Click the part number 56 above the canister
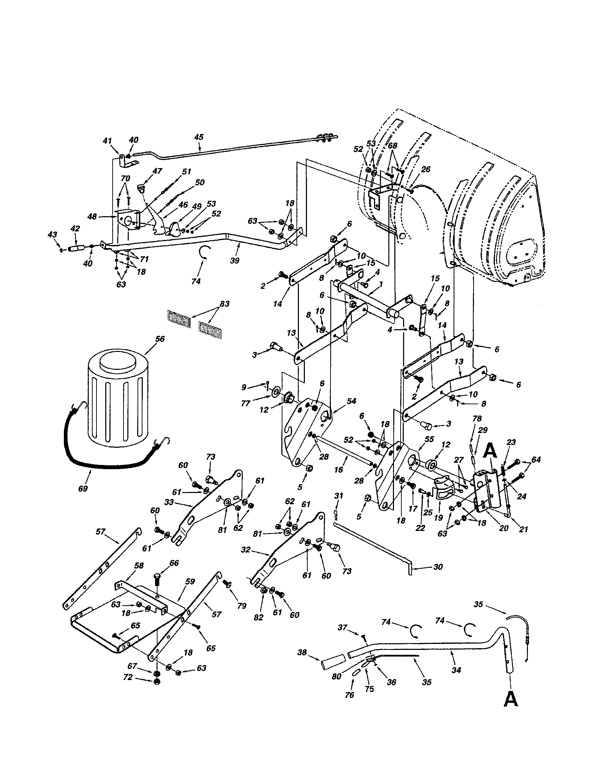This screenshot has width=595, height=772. (x=160, y=339)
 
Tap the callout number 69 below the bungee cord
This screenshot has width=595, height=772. (x=83, y=488)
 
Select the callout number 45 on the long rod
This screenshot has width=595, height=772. (x=199, y=137)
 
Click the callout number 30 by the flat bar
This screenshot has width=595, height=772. (x=438, y=567)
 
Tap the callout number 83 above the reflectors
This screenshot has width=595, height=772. (x=225, y=304)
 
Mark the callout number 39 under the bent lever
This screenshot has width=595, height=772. (x=234, y=260)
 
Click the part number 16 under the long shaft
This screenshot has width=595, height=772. (x=339, y=470)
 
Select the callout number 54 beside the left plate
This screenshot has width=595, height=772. (x=351, y=401)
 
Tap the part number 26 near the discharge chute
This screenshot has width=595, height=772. (x=426, y=169)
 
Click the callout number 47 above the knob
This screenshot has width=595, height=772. (x=157, y=171)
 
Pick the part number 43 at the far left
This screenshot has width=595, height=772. (x=52, y=234)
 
